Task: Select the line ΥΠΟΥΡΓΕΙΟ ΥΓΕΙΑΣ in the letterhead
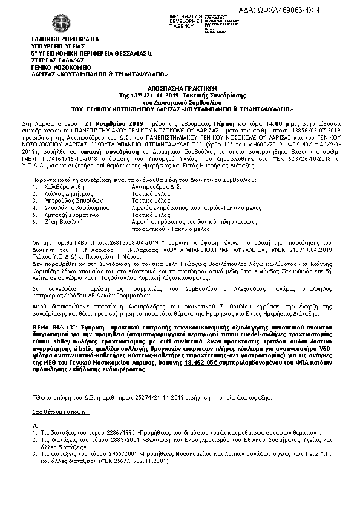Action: pyautogui.click(x=58, y=46)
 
